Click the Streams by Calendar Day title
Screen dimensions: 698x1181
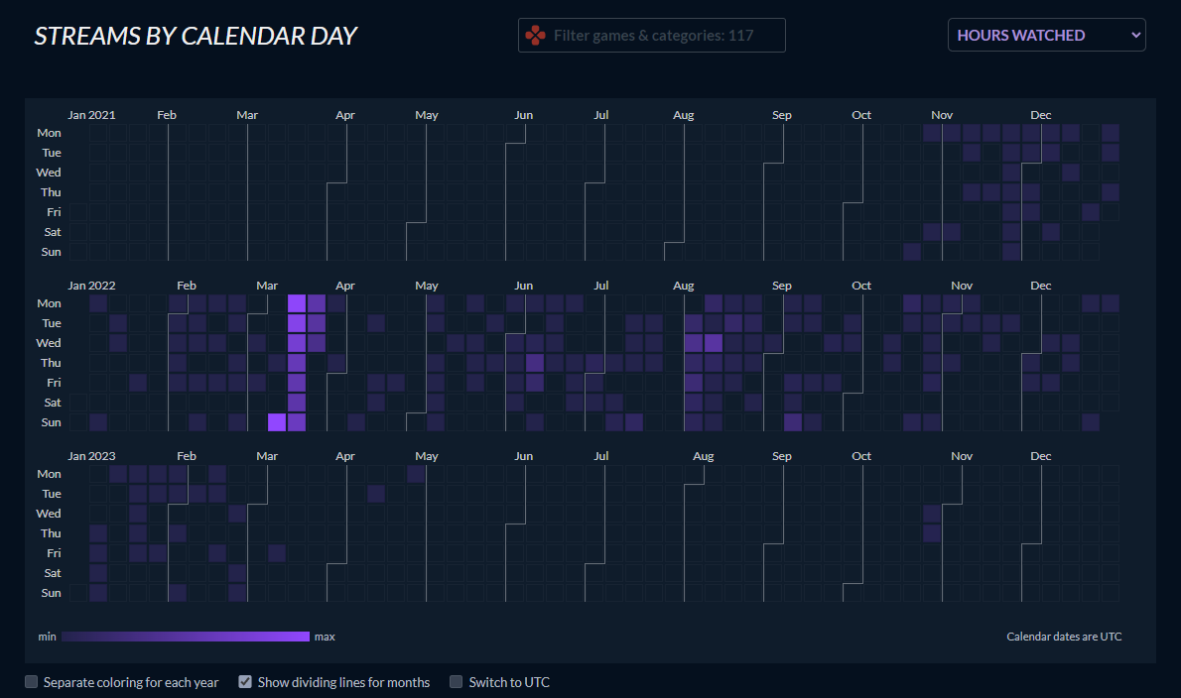coord(196,36)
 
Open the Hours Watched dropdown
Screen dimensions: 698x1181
coord(1046,36)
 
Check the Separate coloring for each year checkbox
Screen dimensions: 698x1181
coord(32,682)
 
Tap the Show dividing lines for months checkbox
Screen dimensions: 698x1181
coord(244,682)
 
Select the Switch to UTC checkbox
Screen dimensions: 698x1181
coord(457,682)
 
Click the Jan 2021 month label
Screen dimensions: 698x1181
coord(91,115)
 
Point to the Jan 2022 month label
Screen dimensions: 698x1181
coord(91,286)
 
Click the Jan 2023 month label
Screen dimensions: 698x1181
coord(91,456)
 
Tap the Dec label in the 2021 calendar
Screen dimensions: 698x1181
coord(1040,115)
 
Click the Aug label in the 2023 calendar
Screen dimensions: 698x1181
coord(703,456)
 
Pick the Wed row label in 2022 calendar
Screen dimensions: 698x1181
coord(49,343)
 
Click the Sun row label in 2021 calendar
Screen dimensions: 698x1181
coord(51,252)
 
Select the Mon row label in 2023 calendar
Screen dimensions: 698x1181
coord(49,474)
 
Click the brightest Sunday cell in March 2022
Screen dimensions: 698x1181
coord(277,422)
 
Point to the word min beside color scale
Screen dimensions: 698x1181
coord(47,637)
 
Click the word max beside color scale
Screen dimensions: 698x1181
coord(325,637)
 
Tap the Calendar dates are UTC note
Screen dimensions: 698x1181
coord(1064,637)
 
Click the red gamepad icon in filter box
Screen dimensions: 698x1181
coord(535,36)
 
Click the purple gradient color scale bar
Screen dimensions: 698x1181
coord(186,637)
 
